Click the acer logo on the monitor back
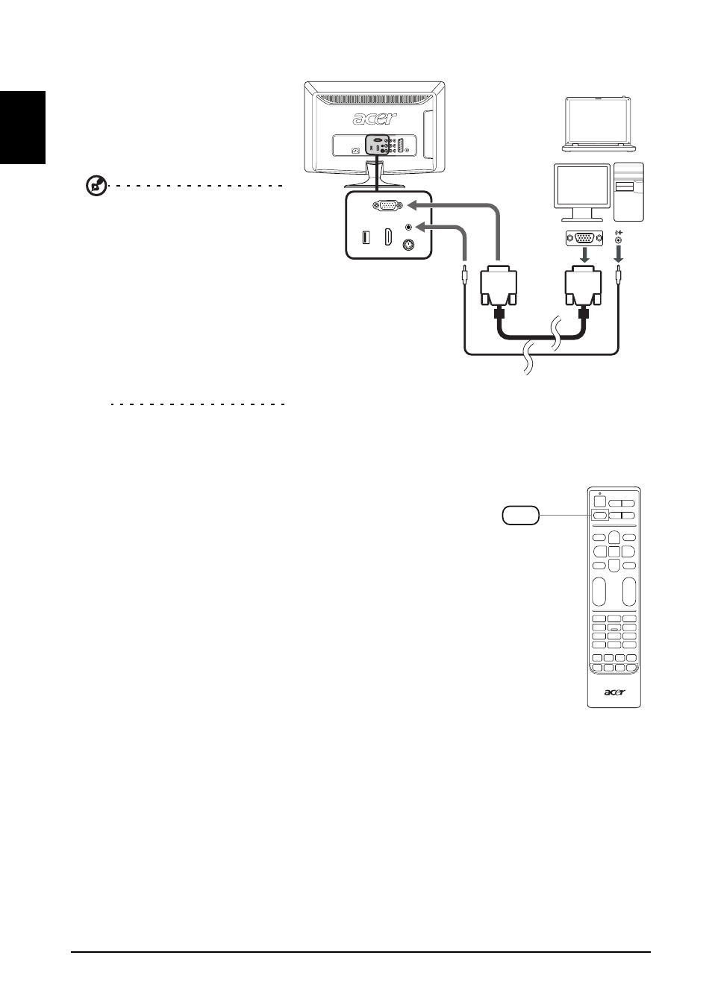point(375,119)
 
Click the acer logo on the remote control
point(614,692)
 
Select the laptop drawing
point(598,124)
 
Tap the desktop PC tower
point(628,192)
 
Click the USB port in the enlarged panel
point(366,237)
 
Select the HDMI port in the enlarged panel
point(387,237)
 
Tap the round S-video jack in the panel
point(409,245)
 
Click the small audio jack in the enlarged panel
point(409,228)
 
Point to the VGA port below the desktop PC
point(584,238)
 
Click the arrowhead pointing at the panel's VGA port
point(411,206)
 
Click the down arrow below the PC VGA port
point(584,256)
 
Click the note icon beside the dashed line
point(96,185)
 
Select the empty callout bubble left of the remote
point(521,515)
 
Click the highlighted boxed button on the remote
point(599,516)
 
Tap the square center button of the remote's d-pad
point(614,551)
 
